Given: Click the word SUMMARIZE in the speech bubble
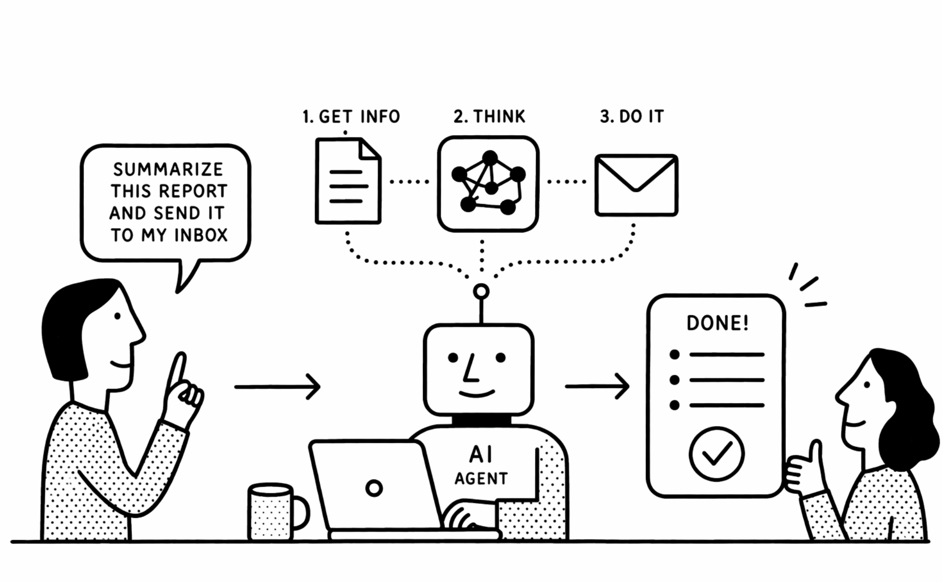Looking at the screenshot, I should point(168,169).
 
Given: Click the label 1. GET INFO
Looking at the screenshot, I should point(351,117).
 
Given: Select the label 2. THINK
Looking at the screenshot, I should point(490,116).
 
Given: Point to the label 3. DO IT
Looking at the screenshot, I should point(632,116).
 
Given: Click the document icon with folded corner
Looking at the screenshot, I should point(348,181).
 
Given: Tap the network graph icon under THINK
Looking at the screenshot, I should point(488,184).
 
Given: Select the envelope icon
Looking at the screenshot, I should point(636,185).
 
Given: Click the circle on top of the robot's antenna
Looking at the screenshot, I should point(481,291).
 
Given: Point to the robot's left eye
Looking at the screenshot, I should point(453,357).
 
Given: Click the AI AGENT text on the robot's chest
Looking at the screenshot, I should point(481,465).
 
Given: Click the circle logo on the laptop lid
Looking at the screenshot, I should point(374,488).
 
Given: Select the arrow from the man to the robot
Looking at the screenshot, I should point(278,386).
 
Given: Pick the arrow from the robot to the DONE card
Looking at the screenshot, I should point(597,386).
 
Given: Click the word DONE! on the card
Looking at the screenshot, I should point(717,323).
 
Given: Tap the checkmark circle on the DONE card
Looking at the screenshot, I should point(716,454).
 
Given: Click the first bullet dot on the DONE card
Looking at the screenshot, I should point(675,355).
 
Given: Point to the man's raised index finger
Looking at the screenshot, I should point(178,370).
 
